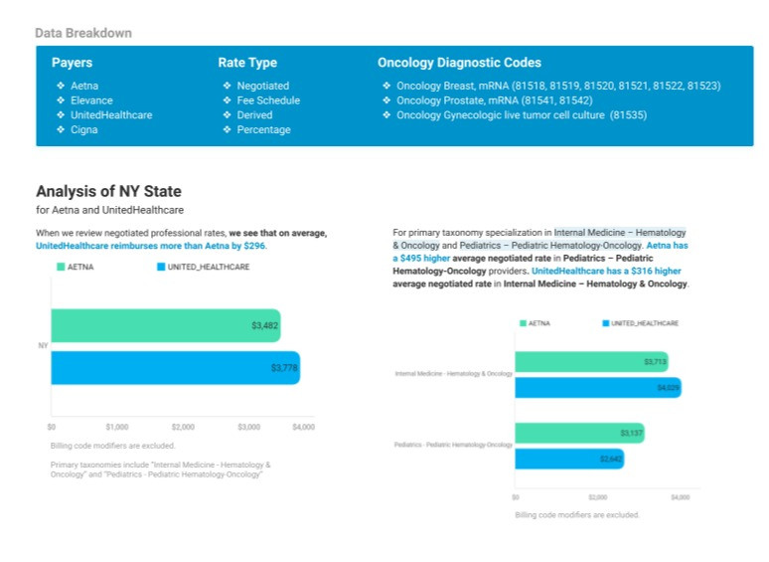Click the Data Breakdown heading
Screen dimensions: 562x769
[x=83, y=33]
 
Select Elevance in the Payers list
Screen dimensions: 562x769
[x=91, y=100]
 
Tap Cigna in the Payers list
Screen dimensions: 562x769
[x=84, y=130]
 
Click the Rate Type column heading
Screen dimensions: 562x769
[x=247, y=63]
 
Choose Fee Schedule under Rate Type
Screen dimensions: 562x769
[x=267, y=100]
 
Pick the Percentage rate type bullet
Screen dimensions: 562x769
[x=263, y=130]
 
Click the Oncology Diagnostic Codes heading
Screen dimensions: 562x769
[x=459, y=63]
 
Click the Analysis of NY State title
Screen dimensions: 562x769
[x=108, y=191]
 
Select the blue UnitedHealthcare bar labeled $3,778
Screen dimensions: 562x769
[x=175, y=368]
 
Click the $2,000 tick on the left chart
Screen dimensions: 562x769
[x=183, y=427]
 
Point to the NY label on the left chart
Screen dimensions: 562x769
[x=43, y=346]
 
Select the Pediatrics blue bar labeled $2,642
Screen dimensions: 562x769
[x=568, y=460]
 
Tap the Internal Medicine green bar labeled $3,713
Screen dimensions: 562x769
[x=590, y=362]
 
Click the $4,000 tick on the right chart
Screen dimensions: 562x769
[x=680, y=496]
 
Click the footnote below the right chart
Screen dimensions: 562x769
[x=577, y=515]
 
